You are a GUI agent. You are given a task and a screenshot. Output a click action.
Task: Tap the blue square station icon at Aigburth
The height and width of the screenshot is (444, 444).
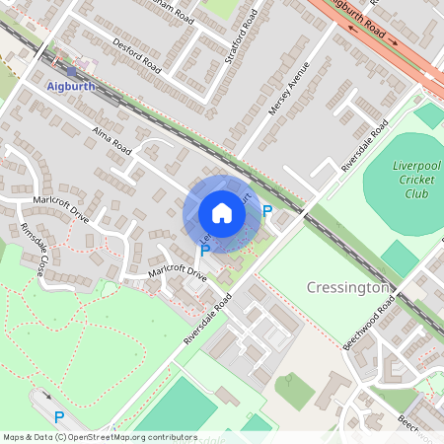point(72,70)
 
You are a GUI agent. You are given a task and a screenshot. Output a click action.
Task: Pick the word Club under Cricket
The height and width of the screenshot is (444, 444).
point(416,193)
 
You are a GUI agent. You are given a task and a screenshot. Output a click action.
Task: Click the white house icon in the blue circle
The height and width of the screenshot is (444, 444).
point(221,213)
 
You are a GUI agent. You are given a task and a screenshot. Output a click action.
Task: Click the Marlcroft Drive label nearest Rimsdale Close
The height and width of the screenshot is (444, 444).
point(59,210)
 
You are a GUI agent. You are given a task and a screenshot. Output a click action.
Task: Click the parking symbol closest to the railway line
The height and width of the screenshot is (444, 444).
point(266,211)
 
